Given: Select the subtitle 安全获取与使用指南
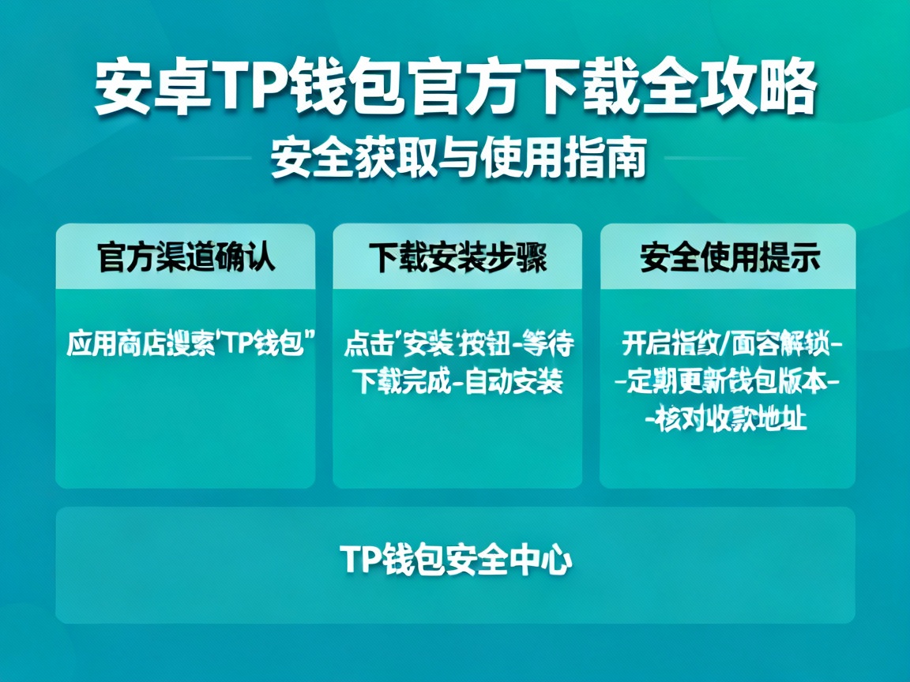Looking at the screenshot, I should tap(458, 159).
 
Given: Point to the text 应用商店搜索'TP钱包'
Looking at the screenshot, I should tap(186, 345).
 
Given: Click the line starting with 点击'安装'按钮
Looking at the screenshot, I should tap(458, 345).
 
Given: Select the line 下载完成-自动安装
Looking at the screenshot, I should tap(458, 382).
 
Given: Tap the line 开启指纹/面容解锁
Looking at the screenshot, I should tap(728, 345).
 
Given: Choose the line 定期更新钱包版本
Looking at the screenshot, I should tap(728, 382).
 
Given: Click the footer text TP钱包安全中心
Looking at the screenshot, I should tap(456, 560).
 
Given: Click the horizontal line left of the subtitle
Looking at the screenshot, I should tap(213, 159).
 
